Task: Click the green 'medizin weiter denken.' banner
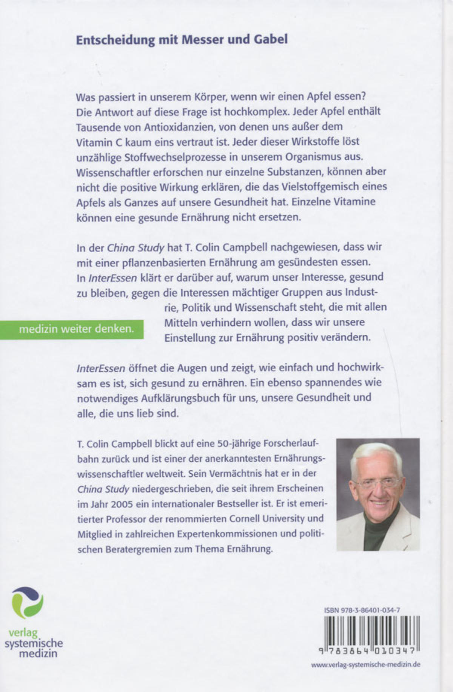click(76, 329)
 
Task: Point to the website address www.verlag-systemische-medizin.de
click(365, 664)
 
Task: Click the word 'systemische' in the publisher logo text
click(34, 643)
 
